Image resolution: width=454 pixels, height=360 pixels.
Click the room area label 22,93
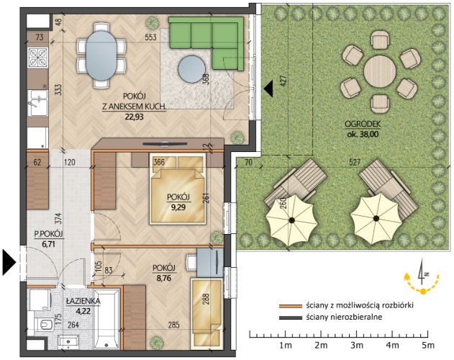(x=135, y=117)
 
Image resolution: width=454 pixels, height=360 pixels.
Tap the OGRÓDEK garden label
(x=362, y=124)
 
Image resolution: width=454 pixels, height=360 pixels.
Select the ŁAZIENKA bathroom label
(x=83, y=301)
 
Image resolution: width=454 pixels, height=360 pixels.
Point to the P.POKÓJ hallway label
(x=48, y=234)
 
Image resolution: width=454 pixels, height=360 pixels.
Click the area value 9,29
(x=178, y=207)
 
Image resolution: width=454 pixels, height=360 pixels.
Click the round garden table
(x=380, y=71)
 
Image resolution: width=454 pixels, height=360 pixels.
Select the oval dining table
(x=101, y=55)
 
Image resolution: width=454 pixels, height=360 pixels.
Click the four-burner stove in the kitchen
(x=38, y=57)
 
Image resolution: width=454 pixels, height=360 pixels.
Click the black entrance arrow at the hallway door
(x=9, y=262)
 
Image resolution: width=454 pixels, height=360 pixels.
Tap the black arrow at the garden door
(x=268, y=89)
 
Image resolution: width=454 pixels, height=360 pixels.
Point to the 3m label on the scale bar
(x=357, y=345)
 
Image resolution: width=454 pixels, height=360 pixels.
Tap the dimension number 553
(x=150, y=37)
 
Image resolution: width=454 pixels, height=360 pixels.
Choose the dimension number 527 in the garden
(x=355, y=162)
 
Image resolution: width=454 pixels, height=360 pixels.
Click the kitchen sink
(x=38, y=103)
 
